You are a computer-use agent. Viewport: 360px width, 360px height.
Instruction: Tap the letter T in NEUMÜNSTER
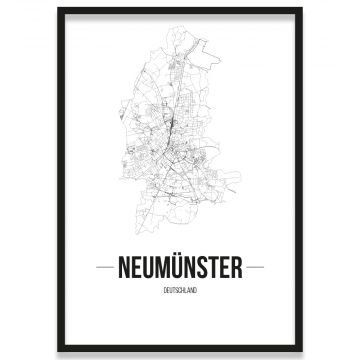(216, 267)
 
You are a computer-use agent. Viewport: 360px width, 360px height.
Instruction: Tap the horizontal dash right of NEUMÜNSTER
(256, 268)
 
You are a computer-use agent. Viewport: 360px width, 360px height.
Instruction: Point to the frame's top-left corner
(59, 9)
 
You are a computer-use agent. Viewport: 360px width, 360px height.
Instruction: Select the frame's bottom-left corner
(59, 350)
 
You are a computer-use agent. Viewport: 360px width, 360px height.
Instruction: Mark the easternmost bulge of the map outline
(240, 180)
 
